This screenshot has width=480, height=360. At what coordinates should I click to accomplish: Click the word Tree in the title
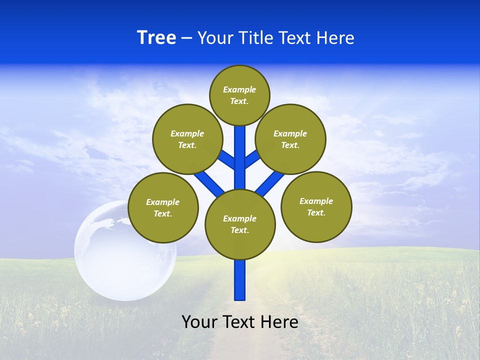(x=156, y=38)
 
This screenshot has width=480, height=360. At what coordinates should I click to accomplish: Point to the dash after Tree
(x=186, y=38)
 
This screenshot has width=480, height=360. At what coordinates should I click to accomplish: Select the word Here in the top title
(x=335, y=38)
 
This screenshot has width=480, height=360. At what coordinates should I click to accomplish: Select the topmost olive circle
(x=239, y=95)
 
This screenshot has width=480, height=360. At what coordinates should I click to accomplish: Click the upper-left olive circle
(x=187, y=139)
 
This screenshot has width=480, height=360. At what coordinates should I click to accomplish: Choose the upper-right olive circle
(x=290, y=139)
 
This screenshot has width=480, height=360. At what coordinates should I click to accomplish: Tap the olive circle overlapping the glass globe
(x=163, y=207)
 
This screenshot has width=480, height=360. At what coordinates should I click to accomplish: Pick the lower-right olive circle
(x=316, y=206)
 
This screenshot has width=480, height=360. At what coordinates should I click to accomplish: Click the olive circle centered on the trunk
(x=240, y=224)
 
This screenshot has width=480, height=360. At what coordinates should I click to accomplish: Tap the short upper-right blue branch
(x=251, y=159)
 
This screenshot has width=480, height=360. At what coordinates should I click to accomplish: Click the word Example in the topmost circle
(x=239, y=89)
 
